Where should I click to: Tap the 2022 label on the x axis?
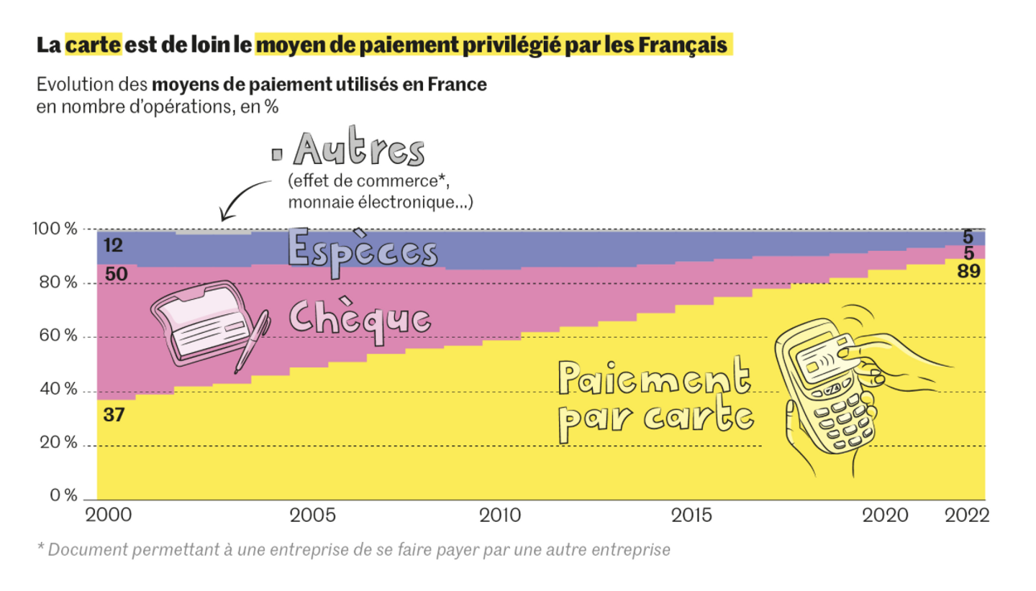(x=967, y=516)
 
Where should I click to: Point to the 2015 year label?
(x=692, y=516)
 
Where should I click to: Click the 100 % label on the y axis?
(x=56, y=229)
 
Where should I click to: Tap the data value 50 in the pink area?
(x=117, y=274)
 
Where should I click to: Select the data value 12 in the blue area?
(x=113, y=246)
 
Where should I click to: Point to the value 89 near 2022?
(x=970, y=271)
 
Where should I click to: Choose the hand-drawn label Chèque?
(x=360, y=317)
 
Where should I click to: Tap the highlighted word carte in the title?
(x=94, y=45)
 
